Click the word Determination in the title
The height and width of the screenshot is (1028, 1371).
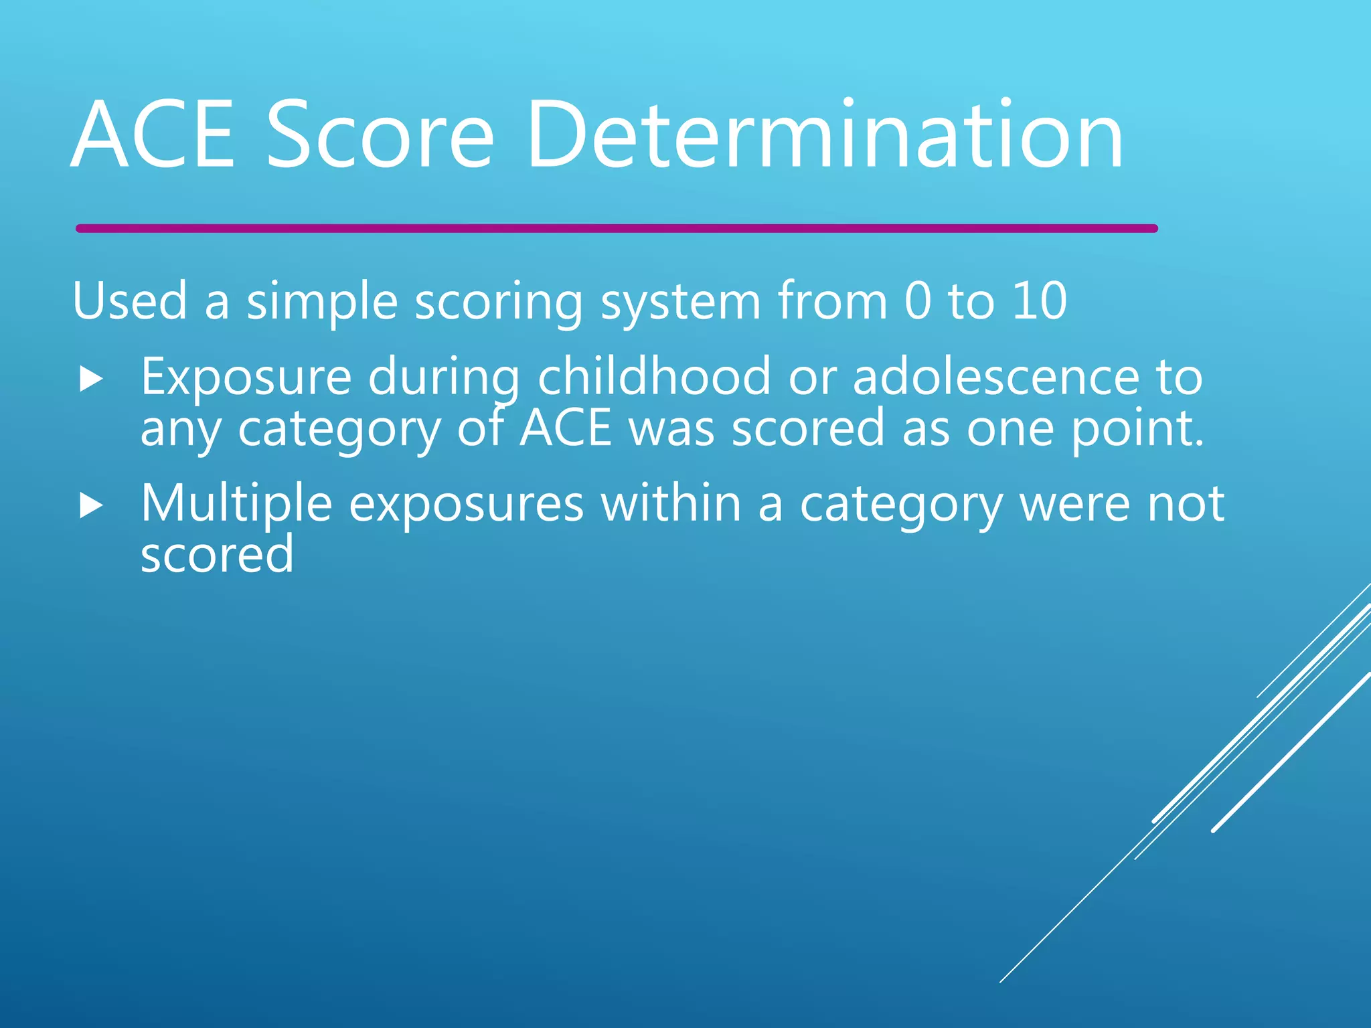pyautogui.click(x=825, y=134)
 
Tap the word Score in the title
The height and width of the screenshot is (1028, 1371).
pyautogui.click(x=380, y=134)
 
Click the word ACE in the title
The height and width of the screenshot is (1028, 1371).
pyautogui.click(x=153, y=134)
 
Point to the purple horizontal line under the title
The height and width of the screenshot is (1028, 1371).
pyautogui.click(x=616, y=229)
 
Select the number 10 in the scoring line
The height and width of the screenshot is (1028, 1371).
pyautogui.click(x=1039, y=301)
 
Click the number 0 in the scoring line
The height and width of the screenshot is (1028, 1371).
pyautogui.click(x=917, y=301)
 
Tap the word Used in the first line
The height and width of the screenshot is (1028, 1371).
pyautogui.click(x=130, y=301)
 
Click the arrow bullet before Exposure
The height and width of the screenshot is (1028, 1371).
pyautogui.click(x=91, y=379)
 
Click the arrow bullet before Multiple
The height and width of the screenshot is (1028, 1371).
pyautogui.click(x=91, y=506)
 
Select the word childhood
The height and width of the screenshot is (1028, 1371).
pyautogui.click(x=654, y=377)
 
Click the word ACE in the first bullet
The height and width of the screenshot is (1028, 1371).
pyautogui.click(x=566, y=428)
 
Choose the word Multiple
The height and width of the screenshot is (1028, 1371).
pyautogui.click(x=236, y=503)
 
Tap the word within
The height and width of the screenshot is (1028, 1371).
pyautogui.click(x=671, y=503)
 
